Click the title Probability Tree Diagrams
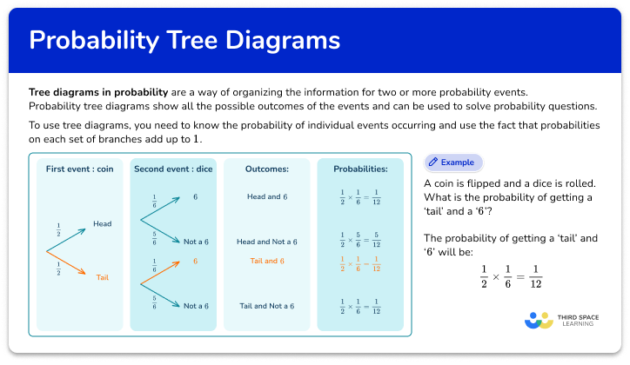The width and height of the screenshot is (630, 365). [x=184, y=41]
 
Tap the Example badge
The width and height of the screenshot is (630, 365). [x=452, y=163]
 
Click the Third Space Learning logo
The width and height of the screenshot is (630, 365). [x=560, y=322]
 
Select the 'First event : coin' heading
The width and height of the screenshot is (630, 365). [x=79, y=169]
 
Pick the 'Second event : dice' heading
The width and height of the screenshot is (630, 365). [x=172, y=169]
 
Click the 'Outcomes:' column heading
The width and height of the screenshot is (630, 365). [x=267, y=169]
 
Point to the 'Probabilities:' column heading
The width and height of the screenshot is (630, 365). [x=360, y=169]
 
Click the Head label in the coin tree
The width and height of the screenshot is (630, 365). [x=102, y=224]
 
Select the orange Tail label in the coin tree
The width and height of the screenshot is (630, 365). [x=103, y=276]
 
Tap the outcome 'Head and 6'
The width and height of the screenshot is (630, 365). [x=267, y=197]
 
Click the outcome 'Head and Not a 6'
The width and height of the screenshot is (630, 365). [x=267, y=241]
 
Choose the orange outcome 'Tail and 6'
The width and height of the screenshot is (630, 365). [x=267, y=261]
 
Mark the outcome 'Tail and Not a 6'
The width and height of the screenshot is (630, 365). [x=267, y=305]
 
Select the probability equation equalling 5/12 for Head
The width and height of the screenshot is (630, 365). [x=360, y=241]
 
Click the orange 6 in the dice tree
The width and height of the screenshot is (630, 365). [x=196, y=261]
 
